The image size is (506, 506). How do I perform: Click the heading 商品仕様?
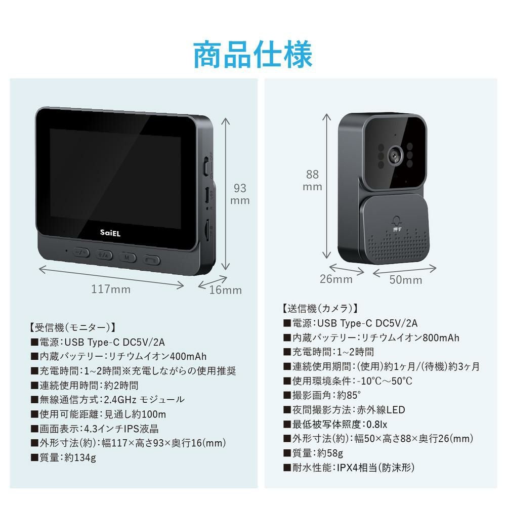coord(252,54)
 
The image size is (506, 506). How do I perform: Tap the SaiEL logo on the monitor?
coord(110,233)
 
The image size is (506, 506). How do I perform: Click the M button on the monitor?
coord(128,258)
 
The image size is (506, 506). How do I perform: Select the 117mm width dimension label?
coord(111,289)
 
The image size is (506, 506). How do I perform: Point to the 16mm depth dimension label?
coord(226,290)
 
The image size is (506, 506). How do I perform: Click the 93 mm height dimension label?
coord(240,194)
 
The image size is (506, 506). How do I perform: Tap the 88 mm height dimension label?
coord(312,181)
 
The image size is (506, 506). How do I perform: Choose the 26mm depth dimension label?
coord(336,279)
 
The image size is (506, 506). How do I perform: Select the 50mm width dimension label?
coord(406,280)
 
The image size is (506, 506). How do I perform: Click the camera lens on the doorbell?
coord(395,155)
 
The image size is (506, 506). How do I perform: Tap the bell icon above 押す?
coord(397,221)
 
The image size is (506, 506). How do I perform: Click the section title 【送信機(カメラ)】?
coord(320,309)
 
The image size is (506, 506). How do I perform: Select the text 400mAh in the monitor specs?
coord(188,356)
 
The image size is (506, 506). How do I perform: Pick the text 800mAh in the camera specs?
coord(441,338)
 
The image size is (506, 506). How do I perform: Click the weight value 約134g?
coord(80,457)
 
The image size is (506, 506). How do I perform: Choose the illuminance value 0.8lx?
coord(376,424)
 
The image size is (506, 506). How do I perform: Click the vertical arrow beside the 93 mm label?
coord(226,194)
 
